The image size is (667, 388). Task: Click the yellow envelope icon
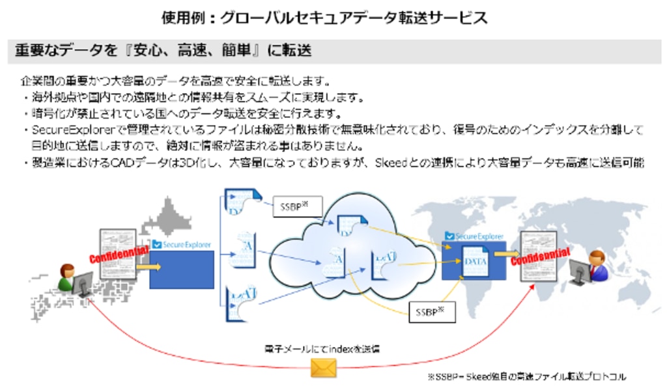pyautogui.click(x=323, y=368)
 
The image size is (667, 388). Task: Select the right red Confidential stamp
pyautogui.click(x=540, y=256)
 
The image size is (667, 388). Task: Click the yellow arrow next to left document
pyautogui.click(x=149, y=266)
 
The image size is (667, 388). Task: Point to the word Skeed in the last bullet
pyautogui.click(x=389, y=162)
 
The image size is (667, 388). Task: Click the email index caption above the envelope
pyautogui.click(x=322, y=348)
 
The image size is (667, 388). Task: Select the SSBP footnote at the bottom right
pyautogui.click(x=526, y=376)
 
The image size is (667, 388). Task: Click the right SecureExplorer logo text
pyautogui.click(x=479, y=235)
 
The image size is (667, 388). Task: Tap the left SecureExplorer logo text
pyautogui.click(x=187, y=245)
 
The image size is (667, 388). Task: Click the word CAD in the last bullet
pyautogui.click(x=126, y=162)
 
